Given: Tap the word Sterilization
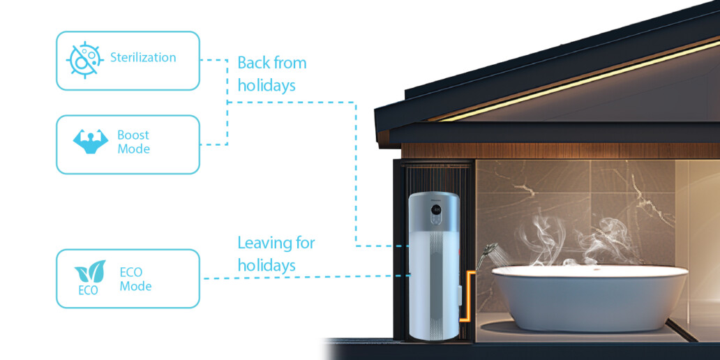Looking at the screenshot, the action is click(x=143, y=57).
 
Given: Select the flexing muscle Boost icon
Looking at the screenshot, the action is click(x=91, y=142).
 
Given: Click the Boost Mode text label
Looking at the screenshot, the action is click(x=134, y=142).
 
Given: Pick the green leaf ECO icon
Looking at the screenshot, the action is click(x=90, y=277).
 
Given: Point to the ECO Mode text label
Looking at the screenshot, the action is click(x=135, y=279).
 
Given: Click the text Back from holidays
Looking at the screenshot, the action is click(x=272, y=74).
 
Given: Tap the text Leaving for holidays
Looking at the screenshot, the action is click(x=276, y=254).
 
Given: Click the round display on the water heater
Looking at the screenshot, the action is click(x=436, y=211).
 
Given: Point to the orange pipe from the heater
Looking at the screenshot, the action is click(x=467, y=297).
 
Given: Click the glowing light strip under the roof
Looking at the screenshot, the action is click(x=578, y=81).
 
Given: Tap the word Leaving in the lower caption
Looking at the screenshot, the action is click(x=261, y=243).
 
